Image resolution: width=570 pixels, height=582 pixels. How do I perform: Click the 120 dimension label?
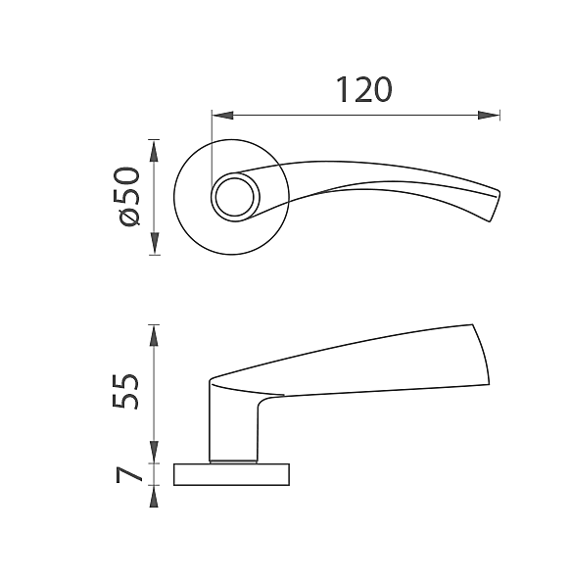click(x=363, y=90)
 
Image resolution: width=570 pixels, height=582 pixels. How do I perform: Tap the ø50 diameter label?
click(x=129, y=196)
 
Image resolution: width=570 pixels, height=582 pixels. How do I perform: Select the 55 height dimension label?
click(x=125, y=392)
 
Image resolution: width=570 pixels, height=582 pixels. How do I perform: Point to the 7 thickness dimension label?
click(x=128, y=474)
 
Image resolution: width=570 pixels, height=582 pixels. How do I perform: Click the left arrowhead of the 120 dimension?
click(x=222, y=116)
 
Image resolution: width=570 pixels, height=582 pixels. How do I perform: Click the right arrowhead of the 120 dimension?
click(x=489, y=116)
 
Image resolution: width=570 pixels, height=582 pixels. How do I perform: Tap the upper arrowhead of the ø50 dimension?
click(x=154, y=151)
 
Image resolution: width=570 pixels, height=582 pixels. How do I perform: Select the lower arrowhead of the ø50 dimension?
click(x=154, y=244)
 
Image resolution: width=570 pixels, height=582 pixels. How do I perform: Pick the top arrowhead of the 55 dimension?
click(x=154, y=335)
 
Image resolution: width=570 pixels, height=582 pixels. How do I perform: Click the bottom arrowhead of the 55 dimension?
click(x=154, y=452)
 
